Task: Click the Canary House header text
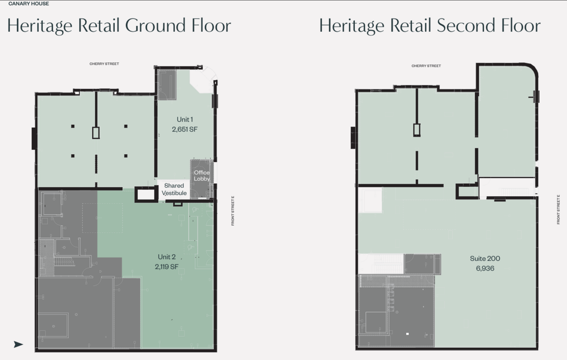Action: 29,4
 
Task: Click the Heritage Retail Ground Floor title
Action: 119,26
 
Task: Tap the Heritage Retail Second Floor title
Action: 430,26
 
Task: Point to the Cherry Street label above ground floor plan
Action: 104,64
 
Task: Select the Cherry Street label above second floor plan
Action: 426,66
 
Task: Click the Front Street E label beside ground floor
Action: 233,211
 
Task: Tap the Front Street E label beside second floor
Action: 558,209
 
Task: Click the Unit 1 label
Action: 185,120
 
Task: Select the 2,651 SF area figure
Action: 185,129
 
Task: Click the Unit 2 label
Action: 167,257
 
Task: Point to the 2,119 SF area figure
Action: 167,267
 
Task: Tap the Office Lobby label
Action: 202,176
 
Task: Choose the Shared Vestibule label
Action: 174,189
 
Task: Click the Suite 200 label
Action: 485,258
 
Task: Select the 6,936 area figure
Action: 485,268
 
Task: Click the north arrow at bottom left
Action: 18,345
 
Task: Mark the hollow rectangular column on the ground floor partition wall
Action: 96,133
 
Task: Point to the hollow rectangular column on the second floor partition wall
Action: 417,130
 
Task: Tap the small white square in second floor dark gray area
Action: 407,334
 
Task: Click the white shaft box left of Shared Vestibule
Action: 146,194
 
